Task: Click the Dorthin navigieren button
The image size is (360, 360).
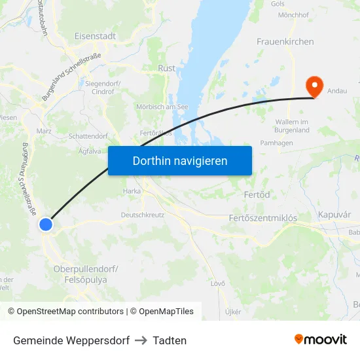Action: point(180,160)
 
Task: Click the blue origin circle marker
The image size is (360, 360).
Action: point(46,225)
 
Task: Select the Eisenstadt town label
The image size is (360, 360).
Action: point(96,37)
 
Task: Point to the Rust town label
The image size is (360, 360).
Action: point(166,67)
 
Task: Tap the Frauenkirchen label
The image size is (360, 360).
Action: point(285,42)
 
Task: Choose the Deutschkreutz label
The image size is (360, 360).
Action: point(143,215)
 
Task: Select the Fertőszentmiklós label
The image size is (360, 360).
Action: point(263,218)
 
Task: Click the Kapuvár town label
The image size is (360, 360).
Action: point(334,215)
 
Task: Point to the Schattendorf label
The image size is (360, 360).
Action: point(88,136)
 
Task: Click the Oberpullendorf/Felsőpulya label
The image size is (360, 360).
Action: point(86,274)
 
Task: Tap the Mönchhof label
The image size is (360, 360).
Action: point(293,14)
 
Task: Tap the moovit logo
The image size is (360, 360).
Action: point(320,339)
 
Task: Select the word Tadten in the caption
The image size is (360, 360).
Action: point(170,340)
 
